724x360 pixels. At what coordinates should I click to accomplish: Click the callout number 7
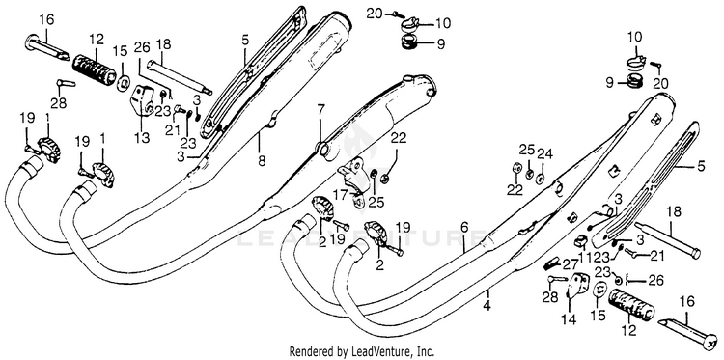[320, 111]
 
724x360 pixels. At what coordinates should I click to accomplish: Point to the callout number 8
[262, 161]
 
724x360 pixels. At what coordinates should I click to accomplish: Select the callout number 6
[464, 227]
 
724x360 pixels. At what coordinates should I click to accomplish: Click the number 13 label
[143, 137]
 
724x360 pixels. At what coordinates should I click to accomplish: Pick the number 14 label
[569, 319]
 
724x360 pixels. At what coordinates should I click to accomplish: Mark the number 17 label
[341, 196]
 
